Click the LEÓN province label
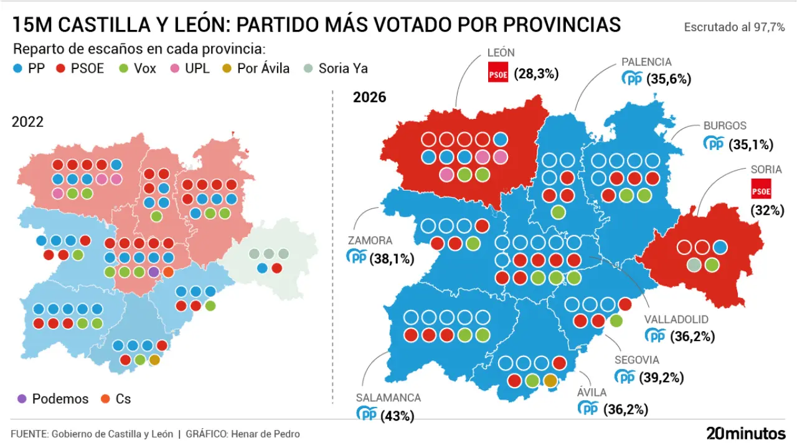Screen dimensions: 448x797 [501, 53]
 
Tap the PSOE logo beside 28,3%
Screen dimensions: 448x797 [498, 72]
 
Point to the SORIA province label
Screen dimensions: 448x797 [766, 169]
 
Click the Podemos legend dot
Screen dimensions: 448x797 [22, 399]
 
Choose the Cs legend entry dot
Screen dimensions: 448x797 [106, 399]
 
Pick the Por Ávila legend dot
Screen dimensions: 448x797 [228, 68]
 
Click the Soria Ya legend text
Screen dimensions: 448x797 [342, 68]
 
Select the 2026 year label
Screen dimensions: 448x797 [369, 97]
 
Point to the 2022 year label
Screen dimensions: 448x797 [27, 121]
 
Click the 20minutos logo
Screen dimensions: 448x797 [746, 433]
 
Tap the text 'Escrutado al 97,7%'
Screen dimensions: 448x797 [734, 27]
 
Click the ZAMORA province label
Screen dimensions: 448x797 [370, 240]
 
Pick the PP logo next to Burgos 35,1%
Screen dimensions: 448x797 [714, 144]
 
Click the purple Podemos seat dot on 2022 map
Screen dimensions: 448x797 [154, 272]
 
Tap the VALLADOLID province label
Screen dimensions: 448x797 [676, 319]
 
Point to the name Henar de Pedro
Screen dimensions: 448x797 [274, 434]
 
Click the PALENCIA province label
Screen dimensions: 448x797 [646, 62]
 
